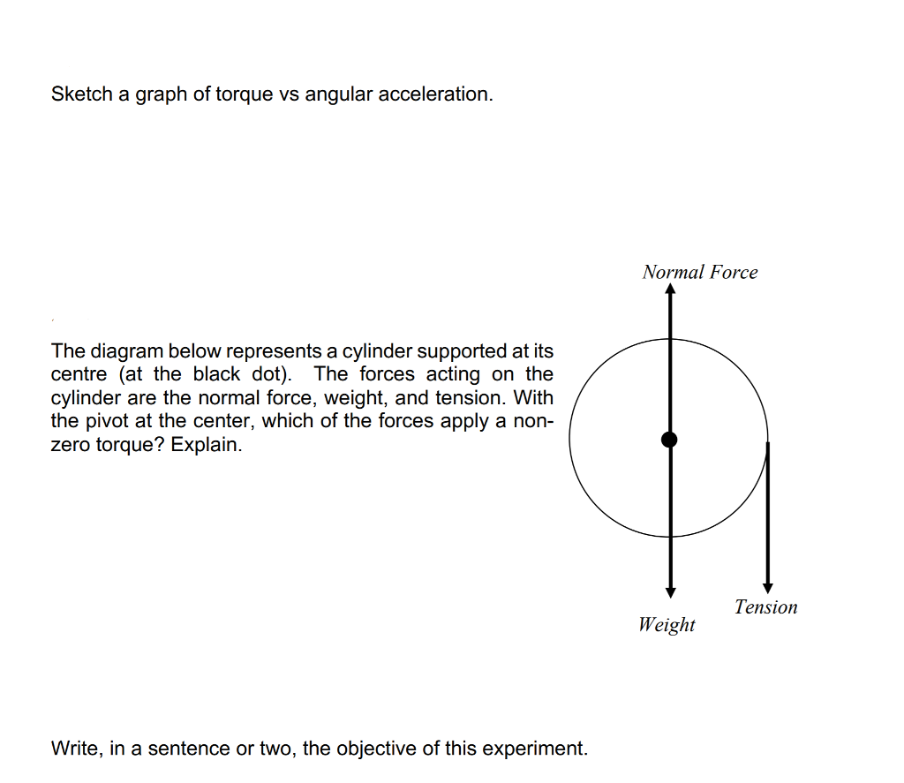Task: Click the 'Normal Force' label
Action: pyautogui.click(x=700, y=272)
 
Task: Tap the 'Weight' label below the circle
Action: pyautogui.click(x=667, y=625)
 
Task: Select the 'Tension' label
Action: pyautogui.click(x=765, y=607)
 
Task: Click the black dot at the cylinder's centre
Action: pyautogui.click(x=670, y=439)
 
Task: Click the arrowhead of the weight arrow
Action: pyautogui.click(x=670, y=591)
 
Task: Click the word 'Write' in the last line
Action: pyautogui.click(x=76, y=749)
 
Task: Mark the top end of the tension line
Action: pyautogui.click(x=768, y=444)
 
